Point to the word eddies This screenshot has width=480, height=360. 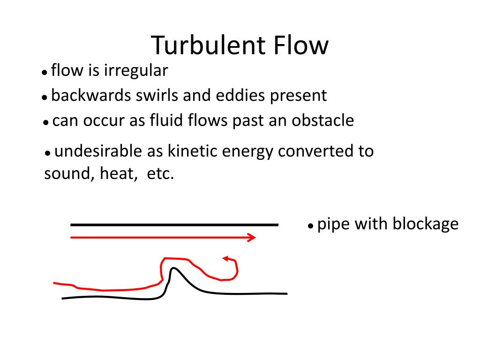tap(240, 96)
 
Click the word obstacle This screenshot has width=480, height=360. tap(323, 121)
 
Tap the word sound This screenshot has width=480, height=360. tap(65, 174)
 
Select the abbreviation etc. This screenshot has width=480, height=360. tap(160, 174)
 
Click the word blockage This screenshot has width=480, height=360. tap(426, 224)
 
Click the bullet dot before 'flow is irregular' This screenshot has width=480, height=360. tap(44, 73)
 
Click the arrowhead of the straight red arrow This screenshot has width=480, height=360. tap(252, 238)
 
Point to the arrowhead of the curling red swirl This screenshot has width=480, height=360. tap(226, 258)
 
